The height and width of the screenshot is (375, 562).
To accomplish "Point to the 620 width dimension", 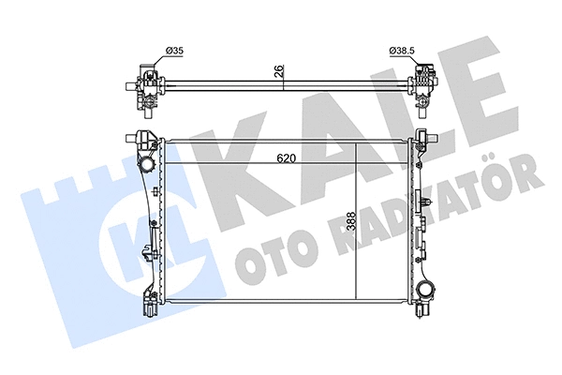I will tap(287, 158).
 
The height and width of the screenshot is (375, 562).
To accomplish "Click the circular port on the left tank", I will tap(147, 166).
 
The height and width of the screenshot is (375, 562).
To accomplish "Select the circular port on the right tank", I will tap(428, 288).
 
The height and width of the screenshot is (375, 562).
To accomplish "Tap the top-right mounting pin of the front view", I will tap(428, 135).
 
